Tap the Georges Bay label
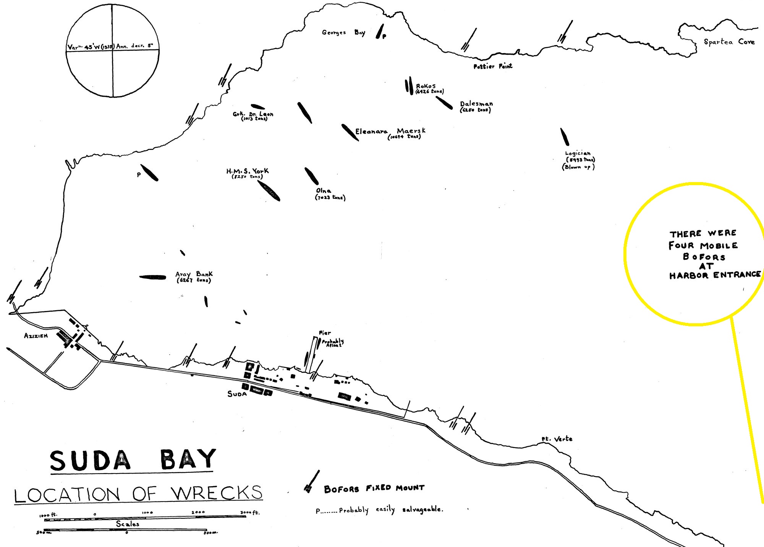point(343,33)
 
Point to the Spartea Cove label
point(729,42)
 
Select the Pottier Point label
point(493,66)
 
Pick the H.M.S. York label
point(248,171)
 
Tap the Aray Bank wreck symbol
point(152,277)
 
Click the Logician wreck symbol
point(565,137)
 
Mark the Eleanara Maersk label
point(390,131)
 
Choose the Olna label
point(324,190)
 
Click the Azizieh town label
point(36,336)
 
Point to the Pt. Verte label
point(557,439)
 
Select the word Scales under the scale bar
point(128,524)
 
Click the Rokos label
point(426,86)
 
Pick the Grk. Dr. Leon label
point(253,114)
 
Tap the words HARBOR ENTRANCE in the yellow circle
point(714,275)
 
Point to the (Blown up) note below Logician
point(578,167)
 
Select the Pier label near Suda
point(325,333)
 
